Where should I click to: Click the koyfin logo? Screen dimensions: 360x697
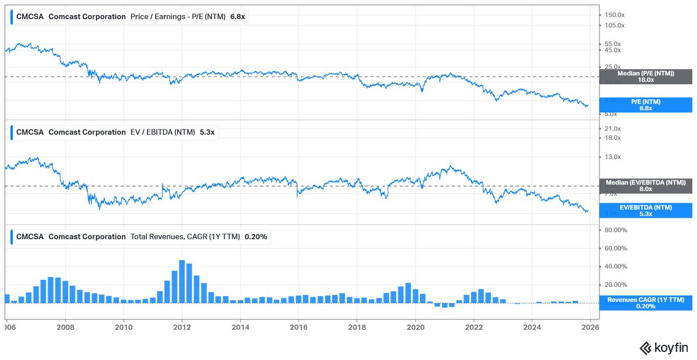point(664,348)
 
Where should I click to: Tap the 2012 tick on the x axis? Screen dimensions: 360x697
point(182,326)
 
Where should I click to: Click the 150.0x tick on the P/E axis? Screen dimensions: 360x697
point(614,15)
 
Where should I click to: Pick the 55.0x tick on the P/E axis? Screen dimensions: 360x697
point(613,44)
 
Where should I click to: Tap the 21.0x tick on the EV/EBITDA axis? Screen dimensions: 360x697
point(613,128)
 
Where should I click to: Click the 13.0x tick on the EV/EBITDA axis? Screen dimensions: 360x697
point(613,157)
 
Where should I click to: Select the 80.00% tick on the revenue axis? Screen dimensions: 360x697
point(616,230)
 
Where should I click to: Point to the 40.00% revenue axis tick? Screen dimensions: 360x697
point(616,267)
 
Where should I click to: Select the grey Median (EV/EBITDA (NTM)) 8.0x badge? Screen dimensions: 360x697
point(645,185)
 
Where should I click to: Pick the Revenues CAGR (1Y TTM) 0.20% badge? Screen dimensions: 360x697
point(645,303)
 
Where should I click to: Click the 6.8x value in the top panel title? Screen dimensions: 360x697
point(238,17)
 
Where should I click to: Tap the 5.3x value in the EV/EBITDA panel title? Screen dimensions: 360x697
point(207,132)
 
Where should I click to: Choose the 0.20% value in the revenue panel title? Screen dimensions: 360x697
point(256,237)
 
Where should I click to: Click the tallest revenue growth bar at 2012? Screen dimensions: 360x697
point(182,282)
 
